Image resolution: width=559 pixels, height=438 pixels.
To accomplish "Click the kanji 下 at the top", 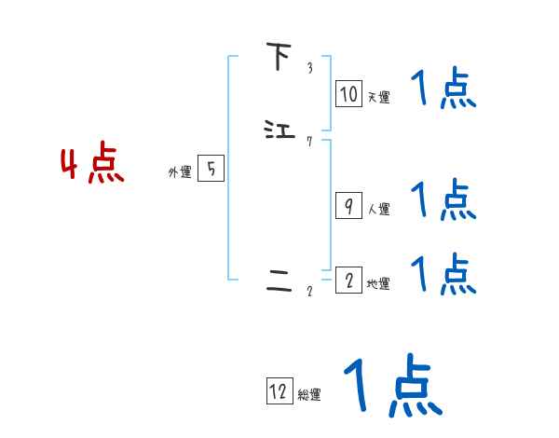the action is pyautogui.click(x=278, y=57).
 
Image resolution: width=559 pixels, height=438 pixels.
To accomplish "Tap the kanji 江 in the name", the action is pyautogui.click(x=279, y=130).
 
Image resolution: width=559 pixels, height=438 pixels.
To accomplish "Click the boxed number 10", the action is pyautogui.click(x=348, y=94).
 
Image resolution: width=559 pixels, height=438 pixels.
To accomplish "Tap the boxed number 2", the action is pyautogui.click(x=348, y=281).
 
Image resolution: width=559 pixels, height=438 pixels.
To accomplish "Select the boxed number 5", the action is pyautogui.click(x=211, y=169).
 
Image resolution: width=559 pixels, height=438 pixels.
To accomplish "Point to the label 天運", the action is pyautogui.click(x=378, y=97).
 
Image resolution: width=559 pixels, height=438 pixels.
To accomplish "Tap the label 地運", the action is pyautogui.click(x=378, y=283).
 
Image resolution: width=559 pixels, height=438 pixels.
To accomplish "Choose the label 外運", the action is pyautogui.click(x=179, y=171).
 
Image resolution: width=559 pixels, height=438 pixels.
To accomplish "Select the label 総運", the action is pyautogui.click(x=309, y=395).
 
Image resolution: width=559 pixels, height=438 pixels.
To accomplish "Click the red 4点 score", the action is pyautogui.click(x=92, y=165).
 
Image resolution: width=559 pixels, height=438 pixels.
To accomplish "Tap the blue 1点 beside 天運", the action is pyautogui.click(x=443, y=90).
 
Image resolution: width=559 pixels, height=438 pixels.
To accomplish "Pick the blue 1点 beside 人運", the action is pyautogui.click(x=443, y=199).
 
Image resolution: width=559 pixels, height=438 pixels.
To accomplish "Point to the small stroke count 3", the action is pyautogui.click(x=309, y=68).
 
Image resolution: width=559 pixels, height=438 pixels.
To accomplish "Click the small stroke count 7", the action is pyautogui.click(x=309, y=142).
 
